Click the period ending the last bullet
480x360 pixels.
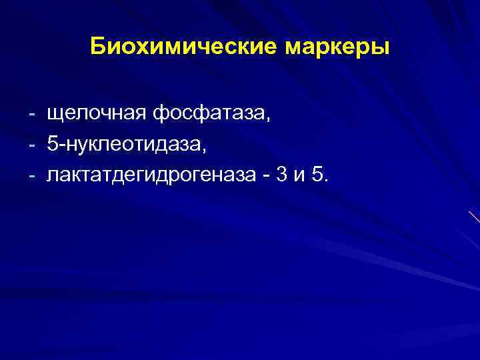pos(325,181)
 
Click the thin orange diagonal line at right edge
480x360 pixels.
pos(474,218)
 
